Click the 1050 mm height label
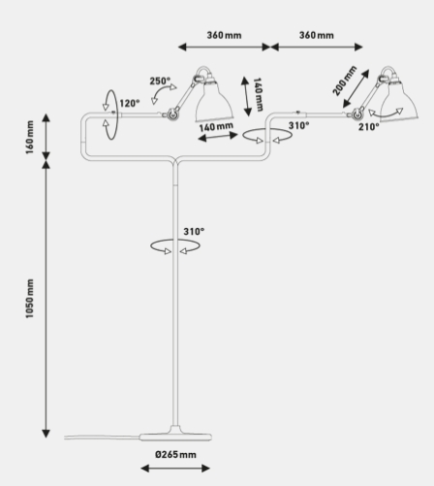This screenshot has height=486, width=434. [x=30, y=299]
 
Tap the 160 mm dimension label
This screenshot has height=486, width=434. [x=30, y=137]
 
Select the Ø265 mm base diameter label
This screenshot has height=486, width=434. [x=175, y=455]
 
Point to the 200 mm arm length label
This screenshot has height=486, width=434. [x=345, y=81]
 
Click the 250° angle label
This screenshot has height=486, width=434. [x=160, y=81]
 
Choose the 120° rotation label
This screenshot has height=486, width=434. [x=130, y=104]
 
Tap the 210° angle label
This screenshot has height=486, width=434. [x=369, y=127]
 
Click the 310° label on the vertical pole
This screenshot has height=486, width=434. [x=194, y=232]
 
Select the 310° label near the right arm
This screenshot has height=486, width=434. [x=298, y=125]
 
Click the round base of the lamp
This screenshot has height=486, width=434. [x=175, y=437]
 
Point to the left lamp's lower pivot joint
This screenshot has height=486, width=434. [x=171, y=113]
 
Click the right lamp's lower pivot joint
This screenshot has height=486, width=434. [x=356, y=113]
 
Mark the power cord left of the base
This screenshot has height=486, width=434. [x=102, y=437]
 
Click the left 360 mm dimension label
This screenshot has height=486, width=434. [x=224, y=35]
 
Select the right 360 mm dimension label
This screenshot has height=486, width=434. [x=317, y=35]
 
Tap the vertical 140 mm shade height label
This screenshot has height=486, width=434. [x=258, y=94]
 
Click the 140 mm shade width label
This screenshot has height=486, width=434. [x=216, y=127]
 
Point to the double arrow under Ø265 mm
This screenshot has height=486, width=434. [x=175, y=469]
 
